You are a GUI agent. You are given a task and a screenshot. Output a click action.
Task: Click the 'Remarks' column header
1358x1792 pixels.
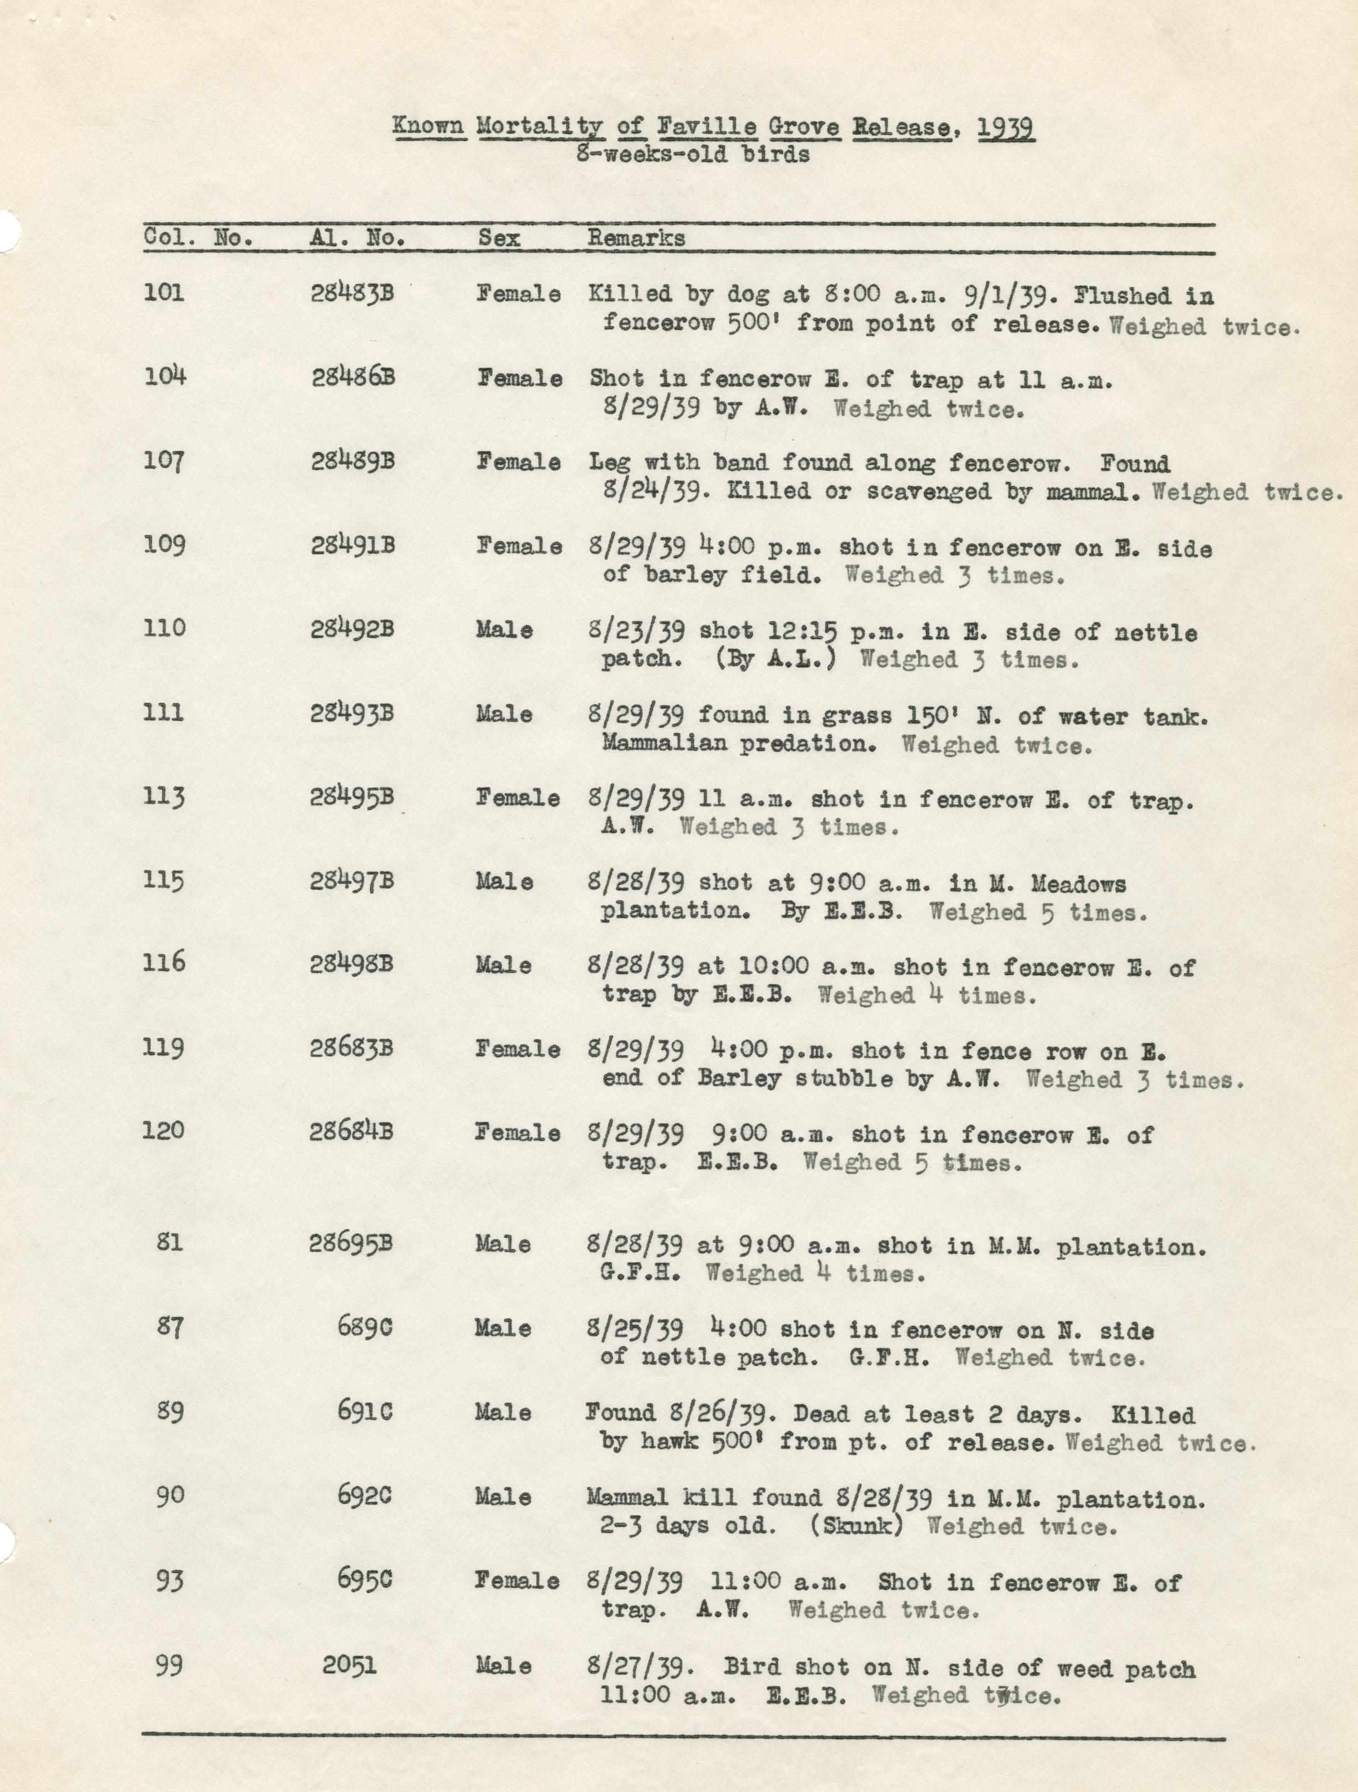pyautogui.click(x=636, y=238)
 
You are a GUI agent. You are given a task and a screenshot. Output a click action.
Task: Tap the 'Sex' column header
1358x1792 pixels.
pyautogui.click(x=499, y=238)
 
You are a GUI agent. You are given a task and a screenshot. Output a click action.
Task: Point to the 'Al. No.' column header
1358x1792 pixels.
pyautogui.click(x=357, y=238)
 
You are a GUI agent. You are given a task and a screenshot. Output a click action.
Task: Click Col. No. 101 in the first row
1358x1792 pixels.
pyautogui.click(x=164, y=292)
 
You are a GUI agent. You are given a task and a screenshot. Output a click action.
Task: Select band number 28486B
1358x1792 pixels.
pyautogui.click(x=353, y=378)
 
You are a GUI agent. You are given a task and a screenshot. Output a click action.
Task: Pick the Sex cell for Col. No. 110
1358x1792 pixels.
pyautogui.click(x=504, y=630)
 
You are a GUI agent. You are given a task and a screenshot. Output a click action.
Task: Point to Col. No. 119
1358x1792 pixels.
pyautogui.click(x=164, y=1047)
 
